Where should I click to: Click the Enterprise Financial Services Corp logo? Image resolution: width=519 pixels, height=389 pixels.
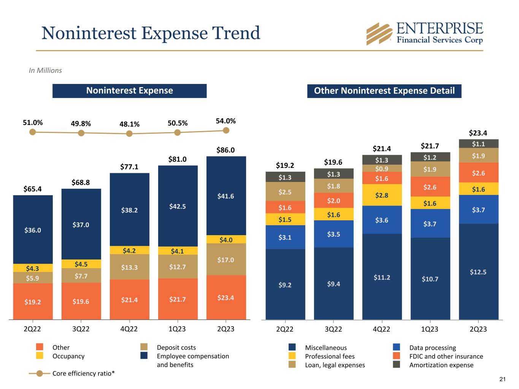[424, 33]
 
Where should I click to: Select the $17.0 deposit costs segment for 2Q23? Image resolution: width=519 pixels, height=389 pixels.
[226, 259]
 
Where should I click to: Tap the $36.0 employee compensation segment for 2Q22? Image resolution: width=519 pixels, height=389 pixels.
[33, 230]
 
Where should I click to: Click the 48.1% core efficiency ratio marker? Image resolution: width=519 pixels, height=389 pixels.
[129, 133]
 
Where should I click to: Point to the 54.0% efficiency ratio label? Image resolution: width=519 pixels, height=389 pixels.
[226, 121]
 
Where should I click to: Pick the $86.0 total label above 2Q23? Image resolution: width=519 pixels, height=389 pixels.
[226, 150]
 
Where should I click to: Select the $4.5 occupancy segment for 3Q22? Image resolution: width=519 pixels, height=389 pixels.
[81, 264]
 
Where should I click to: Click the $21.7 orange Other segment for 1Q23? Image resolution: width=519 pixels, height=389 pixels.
[178, 299]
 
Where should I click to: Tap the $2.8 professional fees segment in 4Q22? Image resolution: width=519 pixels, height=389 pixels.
[382, 195]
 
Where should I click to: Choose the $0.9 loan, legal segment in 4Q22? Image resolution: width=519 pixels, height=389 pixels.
[382, 168]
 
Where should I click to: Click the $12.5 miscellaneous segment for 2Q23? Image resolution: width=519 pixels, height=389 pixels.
[478, 272]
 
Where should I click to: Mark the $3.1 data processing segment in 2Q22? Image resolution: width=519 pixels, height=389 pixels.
[285, 237]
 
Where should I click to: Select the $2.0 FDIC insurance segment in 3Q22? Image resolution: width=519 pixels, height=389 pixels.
[333, 200]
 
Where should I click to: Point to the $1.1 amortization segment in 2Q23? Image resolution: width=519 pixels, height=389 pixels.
[478, 144]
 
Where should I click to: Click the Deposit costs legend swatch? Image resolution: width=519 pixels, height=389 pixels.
[144, 347]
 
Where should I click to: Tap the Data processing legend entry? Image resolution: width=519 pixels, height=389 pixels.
[432, 348]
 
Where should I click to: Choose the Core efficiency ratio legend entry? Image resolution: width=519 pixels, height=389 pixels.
[83, 373]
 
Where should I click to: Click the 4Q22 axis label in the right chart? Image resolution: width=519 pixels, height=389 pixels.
[382, 329]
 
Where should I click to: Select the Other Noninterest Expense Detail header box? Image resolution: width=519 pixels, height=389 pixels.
[384, 91]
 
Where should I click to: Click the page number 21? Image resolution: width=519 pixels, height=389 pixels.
[502, 379]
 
